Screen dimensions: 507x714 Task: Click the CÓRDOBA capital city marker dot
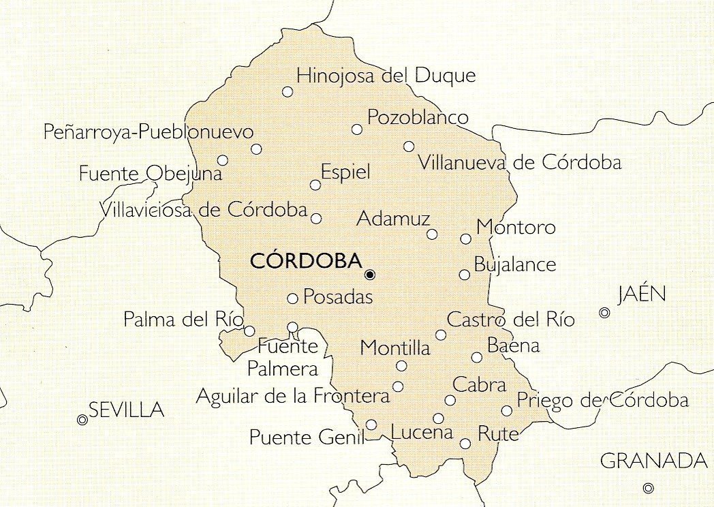tap(370, 275)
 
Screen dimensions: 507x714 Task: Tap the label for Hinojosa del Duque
tap(386, 75)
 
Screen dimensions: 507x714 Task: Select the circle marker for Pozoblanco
tap(356, 129)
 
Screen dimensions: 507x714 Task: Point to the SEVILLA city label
tap(127, 410)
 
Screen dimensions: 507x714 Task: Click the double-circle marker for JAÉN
tap(604, 313)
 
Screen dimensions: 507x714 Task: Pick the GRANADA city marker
tap(649, 488)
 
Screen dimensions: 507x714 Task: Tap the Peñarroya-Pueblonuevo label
tap(148, 132)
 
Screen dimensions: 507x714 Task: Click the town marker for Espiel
tap(315, 185)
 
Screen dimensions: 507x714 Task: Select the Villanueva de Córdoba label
tap(520, 163)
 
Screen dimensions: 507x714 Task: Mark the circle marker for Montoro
tap(466, 239)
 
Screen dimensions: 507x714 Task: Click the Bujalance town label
tap(515, 264)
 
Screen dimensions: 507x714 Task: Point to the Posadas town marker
tap(292, 298)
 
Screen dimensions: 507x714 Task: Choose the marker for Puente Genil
tap(371, 425)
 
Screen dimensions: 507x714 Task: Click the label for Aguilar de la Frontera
tap(292, 396)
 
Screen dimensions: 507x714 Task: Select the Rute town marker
tap(465, 444)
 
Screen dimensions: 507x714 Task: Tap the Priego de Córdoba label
tap(602, 401)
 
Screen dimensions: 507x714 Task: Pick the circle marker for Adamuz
tap(432, 234)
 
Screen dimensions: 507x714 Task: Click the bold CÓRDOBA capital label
tap(305, 261)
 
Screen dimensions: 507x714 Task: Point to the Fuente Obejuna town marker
tap(223, 160)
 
